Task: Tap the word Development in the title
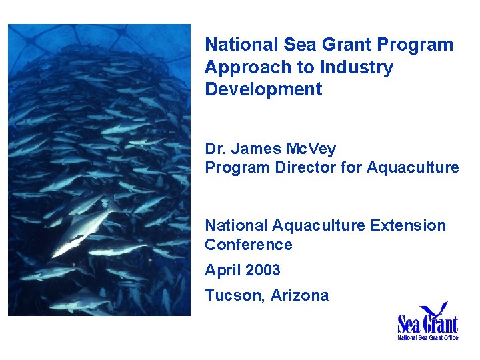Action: [263, 89]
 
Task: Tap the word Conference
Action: [248, 245]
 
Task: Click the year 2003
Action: [263, 271]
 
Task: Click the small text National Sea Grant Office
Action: [427, 337]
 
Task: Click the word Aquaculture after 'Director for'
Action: [413, 167]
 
